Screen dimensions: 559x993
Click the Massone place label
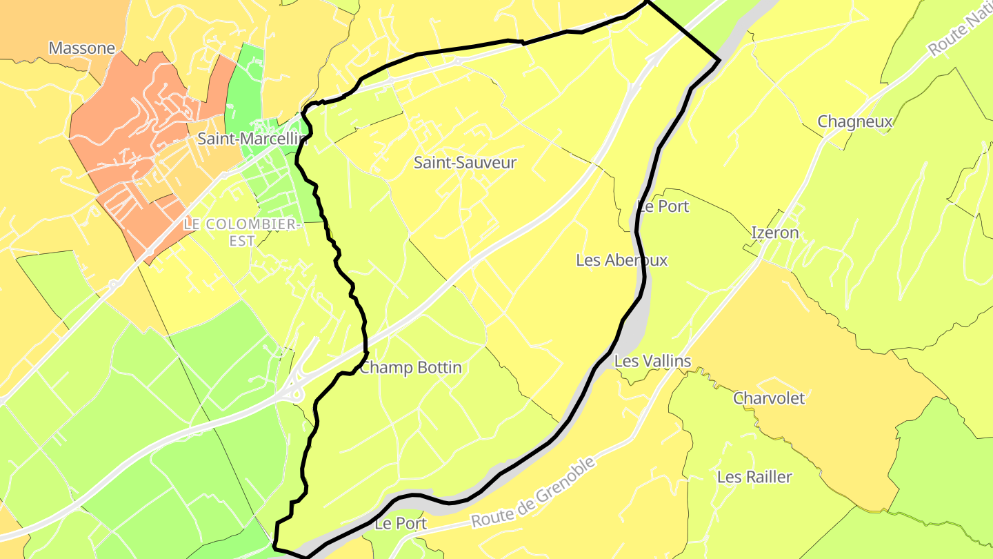tap(81, 48)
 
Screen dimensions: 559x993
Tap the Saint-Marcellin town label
tap(251, 139)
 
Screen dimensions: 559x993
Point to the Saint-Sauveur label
tap(465, 163)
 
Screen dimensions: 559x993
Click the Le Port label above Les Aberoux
tap(663, 206)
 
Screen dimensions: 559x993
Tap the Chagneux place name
tap(855, 122)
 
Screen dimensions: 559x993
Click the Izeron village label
tap(775, 233)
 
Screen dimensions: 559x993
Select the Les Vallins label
tap(652, 361)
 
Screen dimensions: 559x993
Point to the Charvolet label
tap(769, 398)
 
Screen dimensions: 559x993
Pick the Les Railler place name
tap(754, 477)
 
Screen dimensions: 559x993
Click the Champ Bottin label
tap(411, 368)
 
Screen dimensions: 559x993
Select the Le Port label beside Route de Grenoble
tap(401, 524)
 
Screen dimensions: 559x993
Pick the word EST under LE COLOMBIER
tap(243, 242)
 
